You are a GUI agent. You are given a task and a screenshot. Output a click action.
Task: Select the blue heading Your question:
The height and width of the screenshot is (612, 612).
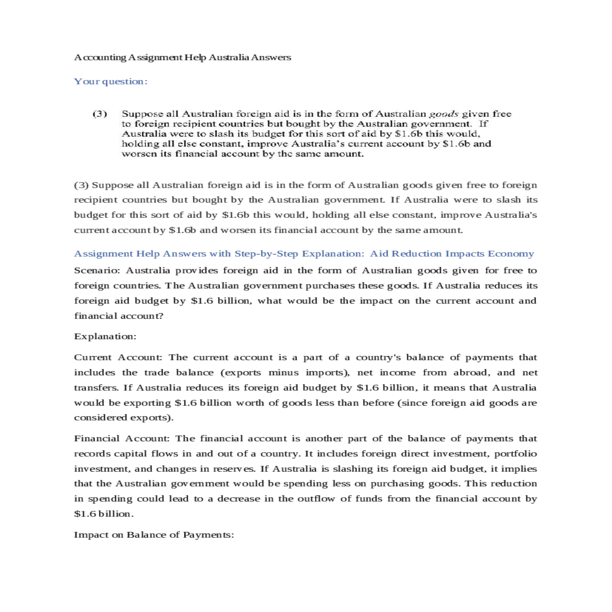point(111,82)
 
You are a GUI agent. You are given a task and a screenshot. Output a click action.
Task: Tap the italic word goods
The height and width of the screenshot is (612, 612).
point(443,114)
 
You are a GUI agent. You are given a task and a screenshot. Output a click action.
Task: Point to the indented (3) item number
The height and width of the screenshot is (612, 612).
point(99,114)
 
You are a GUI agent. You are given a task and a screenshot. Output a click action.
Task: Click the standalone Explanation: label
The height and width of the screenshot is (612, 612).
point(105,337)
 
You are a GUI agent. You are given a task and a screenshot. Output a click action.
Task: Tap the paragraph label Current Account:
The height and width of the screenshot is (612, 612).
point(118,358)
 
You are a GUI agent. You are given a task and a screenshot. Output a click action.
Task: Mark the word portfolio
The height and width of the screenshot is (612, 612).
point(515,454)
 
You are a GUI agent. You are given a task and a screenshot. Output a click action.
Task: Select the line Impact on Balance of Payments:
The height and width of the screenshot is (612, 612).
point(154,535)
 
